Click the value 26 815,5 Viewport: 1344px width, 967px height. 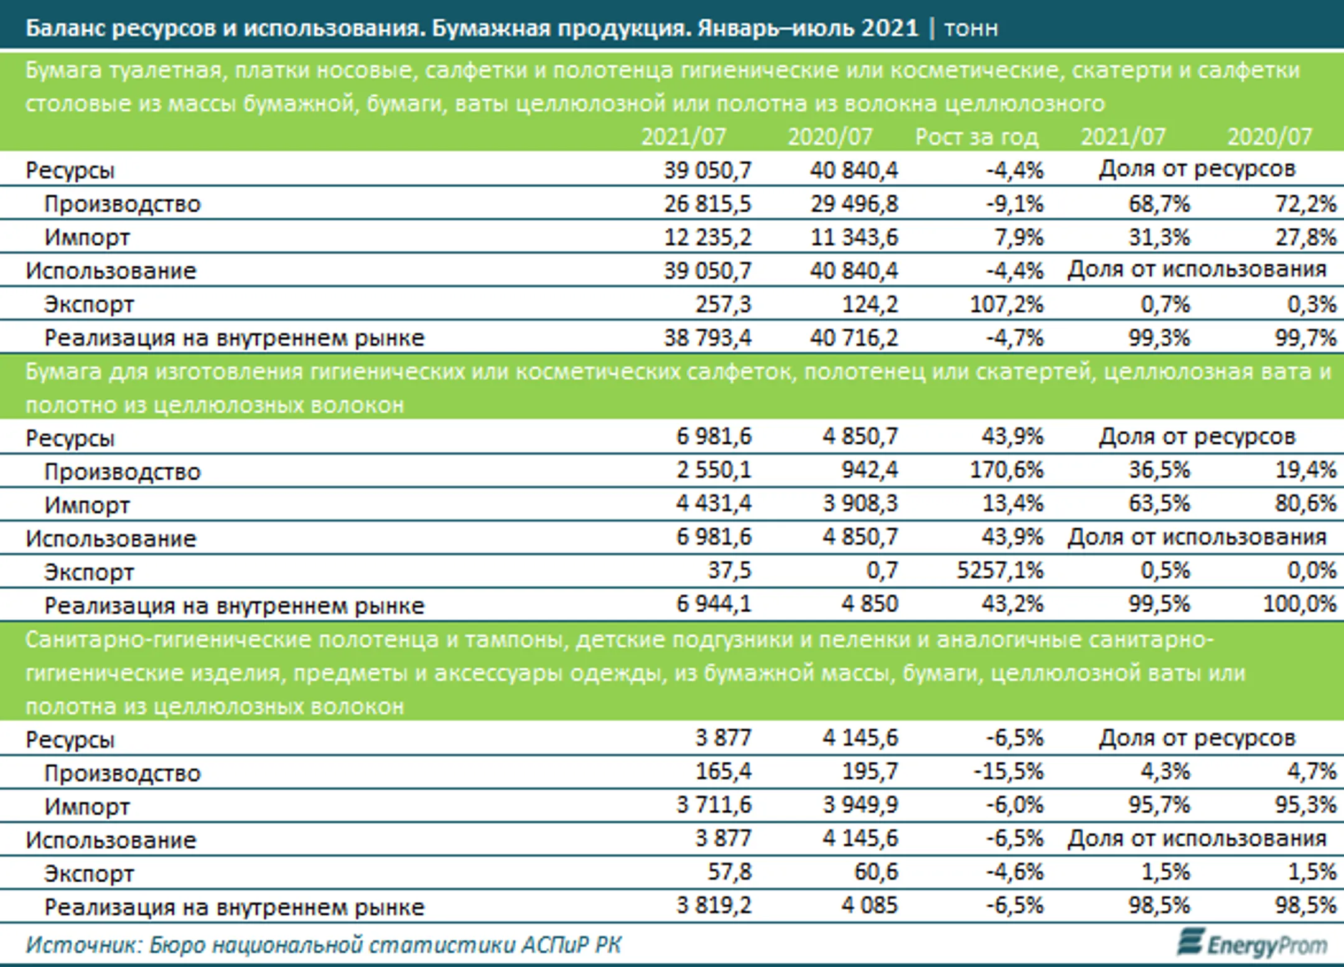tap(707, 203)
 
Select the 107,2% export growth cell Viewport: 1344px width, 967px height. tap(1007, 304)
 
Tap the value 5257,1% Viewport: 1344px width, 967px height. tap(1000, 570)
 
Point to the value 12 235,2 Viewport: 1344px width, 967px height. tap(707, 237)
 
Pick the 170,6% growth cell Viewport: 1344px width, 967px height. tap(1007, 470)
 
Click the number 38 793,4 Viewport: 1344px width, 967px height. tap(707, 338)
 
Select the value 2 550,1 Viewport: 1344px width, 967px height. tap(714, 470)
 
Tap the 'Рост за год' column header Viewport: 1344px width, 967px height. tap(977, 136)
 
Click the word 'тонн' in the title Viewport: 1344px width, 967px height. tap(971, 28)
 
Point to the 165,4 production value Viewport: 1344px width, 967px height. tap(724, 772)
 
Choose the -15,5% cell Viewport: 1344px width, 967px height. tap(1009, 772)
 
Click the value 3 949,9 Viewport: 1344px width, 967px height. tap(861, 805)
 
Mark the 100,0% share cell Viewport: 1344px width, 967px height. tap(1300, 604)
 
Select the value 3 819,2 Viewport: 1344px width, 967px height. tap(714, 905)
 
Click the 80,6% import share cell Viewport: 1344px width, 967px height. tap(1305, 503)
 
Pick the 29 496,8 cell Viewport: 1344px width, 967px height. tap(854, 203)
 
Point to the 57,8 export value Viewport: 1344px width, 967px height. tap(730, 872)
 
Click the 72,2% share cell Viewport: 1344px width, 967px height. tap(1305, 203)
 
